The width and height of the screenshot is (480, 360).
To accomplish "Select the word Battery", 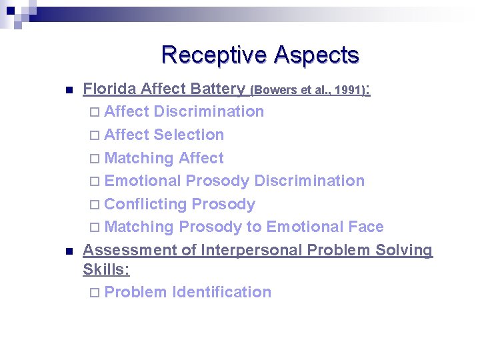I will coord(217,89).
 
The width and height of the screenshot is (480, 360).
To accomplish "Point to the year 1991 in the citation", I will coord(348,90).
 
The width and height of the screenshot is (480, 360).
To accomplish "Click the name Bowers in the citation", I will coord(273,90).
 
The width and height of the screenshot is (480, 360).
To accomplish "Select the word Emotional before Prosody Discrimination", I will coord(143,181).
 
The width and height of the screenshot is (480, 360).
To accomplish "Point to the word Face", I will coord(365,227).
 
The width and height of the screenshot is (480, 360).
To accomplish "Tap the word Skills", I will coord(105,269).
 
